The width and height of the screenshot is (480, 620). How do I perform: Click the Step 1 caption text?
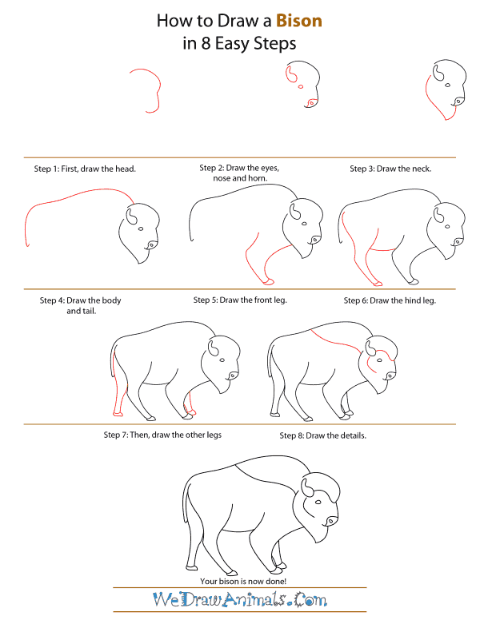(x=84, y=169)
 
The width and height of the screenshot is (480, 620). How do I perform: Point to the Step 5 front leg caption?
(x=239, y=300)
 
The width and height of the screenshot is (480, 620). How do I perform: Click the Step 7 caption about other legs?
(x=162, y=435)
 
